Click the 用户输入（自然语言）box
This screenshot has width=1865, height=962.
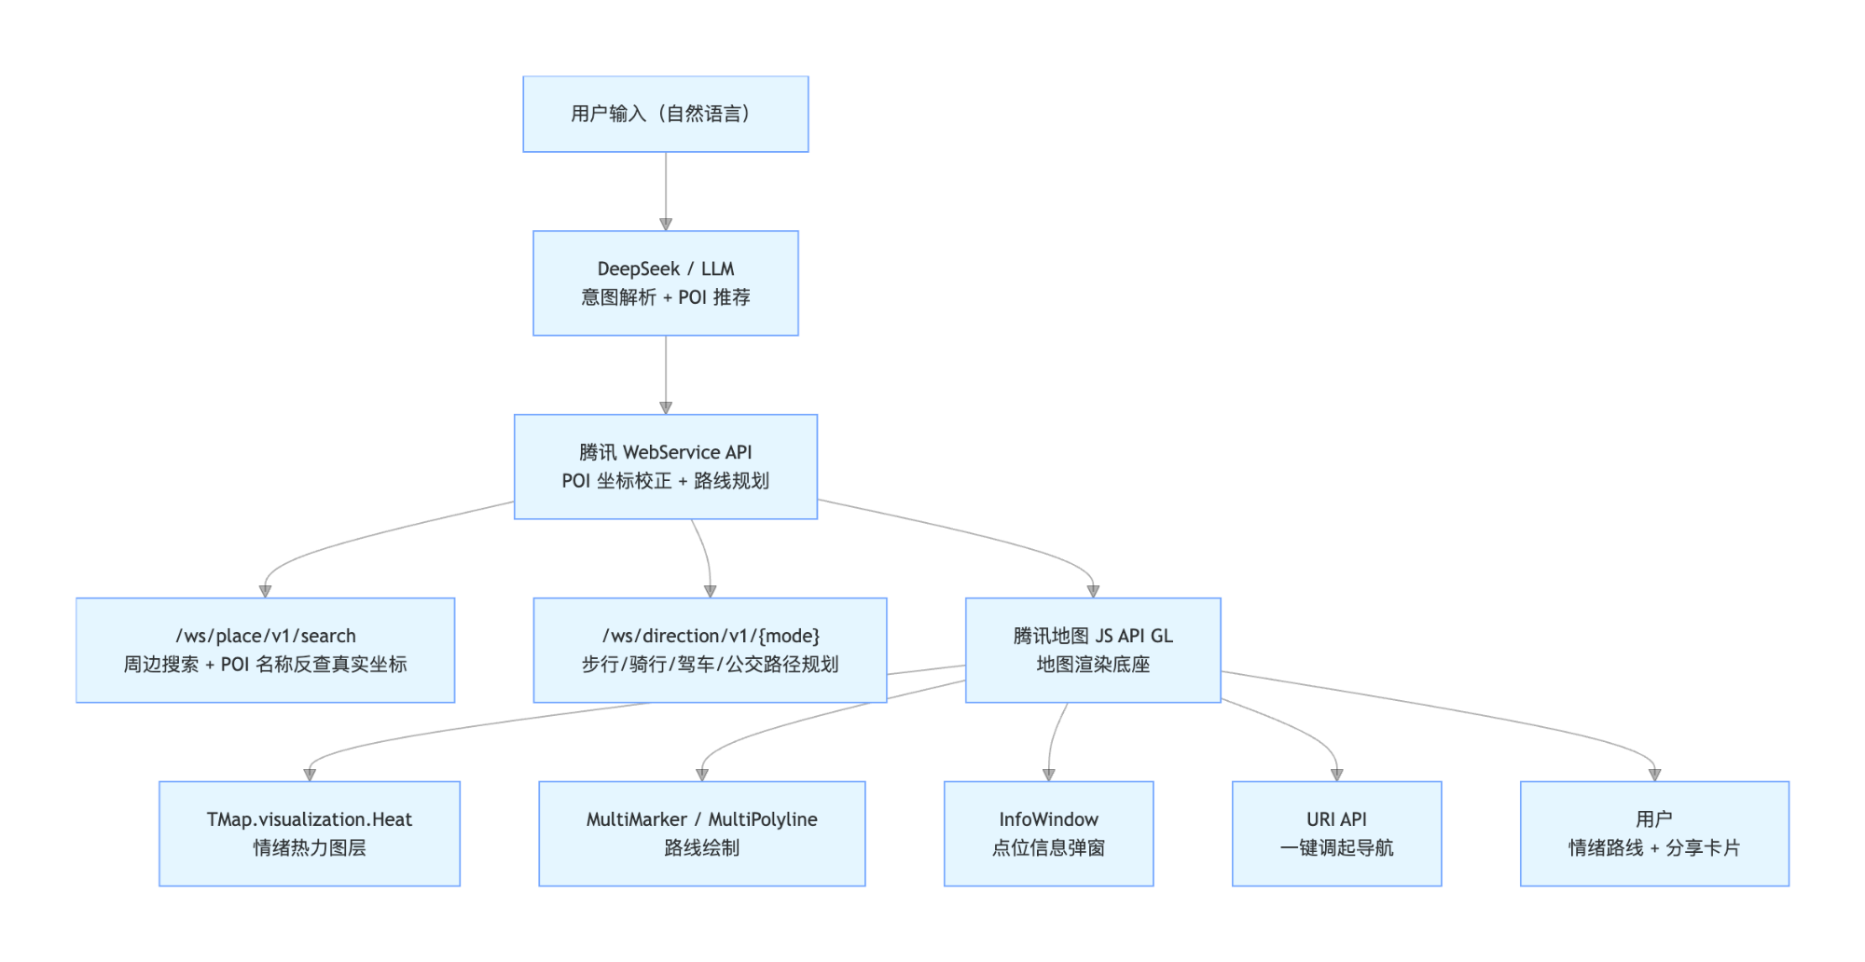[x=665, y=114]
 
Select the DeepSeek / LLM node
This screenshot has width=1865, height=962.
[x=665, y=282]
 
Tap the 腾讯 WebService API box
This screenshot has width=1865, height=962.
[x=665, y=466]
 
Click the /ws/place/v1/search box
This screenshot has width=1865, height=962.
[x=265, y=650]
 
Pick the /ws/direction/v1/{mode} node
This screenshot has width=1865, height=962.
[x=710, y=650]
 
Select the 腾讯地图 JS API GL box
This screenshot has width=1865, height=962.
[x=1093, y=650]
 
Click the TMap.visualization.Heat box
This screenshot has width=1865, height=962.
[x=310, y=833]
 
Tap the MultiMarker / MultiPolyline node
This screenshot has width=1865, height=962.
[x=701, y=833]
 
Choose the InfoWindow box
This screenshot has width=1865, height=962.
[x=1048, y=833]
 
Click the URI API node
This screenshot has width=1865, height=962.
[x=1336, y=833]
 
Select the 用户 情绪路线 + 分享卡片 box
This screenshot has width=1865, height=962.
[x=1654, y=833]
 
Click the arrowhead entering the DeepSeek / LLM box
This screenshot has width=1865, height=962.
[x=666, y=225]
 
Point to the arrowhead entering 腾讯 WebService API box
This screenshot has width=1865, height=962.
[x=666, y=408]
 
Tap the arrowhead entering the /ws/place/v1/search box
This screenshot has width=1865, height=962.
[x=265, y=591]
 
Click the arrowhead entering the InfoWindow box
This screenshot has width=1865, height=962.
[x=1048, y=775]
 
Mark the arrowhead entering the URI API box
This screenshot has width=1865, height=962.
[x=1336, y=775]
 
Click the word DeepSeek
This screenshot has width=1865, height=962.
[x=638, y=268]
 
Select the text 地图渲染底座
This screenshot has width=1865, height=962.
[x=1093, y=665]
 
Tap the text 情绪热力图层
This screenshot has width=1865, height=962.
[x=310, y=848]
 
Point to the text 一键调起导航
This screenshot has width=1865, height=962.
[x=1336, y=848]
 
